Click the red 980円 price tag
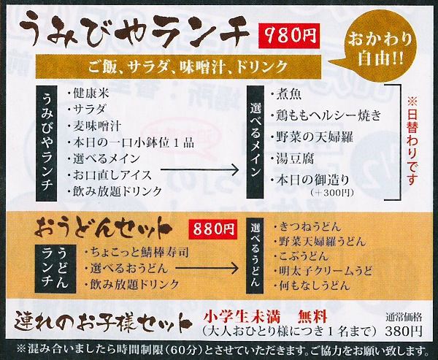coord(289,36)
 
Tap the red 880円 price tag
coord(213,229)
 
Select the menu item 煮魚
coord(286,94)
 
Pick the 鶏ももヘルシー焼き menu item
coord(326,115)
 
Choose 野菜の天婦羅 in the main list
coord(312,137)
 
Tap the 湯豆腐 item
coord(292,158)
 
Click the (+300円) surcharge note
coord(332,193)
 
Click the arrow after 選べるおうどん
coord(207,269)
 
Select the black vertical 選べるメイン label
coord(255,142)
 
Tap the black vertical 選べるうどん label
coord(255,256)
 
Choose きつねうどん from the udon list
coord(307,226)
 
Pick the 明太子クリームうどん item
coord(323,271)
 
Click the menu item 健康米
coord(88,93)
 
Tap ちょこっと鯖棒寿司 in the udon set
coord(137,253)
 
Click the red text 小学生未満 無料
coord(266,318)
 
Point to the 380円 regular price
coord(403,332)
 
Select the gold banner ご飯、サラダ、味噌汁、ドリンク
coord(179,66)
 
